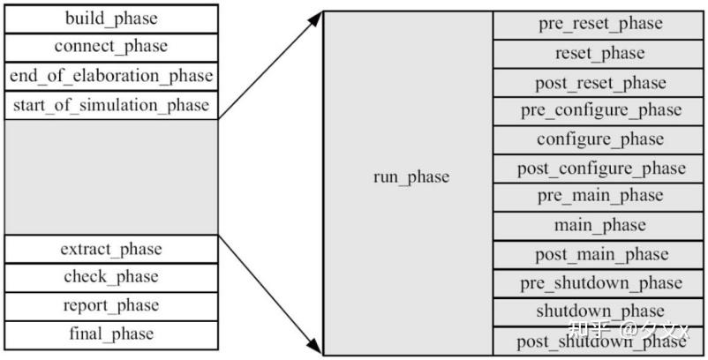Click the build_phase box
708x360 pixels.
pos(111,19)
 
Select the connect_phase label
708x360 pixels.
pos(111,47)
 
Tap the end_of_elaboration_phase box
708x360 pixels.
pos(111,76)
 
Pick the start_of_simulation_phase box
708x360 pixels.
pos(111,105)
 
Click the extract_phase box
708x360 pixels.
pos(111,249)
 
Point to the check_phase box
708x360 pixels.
pos(111,277)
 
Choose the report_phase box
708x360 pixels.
pos(111,305)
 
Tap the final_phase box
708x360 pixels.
pos(111,334)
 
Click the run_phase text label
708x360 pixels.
pos(410,177)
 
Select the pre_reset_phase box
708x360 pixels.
pos(599,24)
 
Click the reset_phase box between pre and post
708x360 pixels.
pos(599,53)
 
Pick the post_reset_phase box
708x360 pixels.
pos(599,82)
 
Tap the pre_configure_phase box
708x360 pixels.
pos(599,110)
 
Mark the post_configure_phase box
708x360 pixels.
pos(599,168)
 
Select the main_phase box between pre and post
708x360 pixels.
pos(599,226)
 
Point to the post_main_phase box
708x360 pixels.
pos(599,254)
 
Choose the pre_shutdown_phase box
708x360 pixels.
pos(599,283)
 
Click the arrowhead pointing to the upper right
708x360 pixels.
pos(316,17)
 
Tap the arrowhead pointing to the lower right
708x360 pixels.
pos(316,347)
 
